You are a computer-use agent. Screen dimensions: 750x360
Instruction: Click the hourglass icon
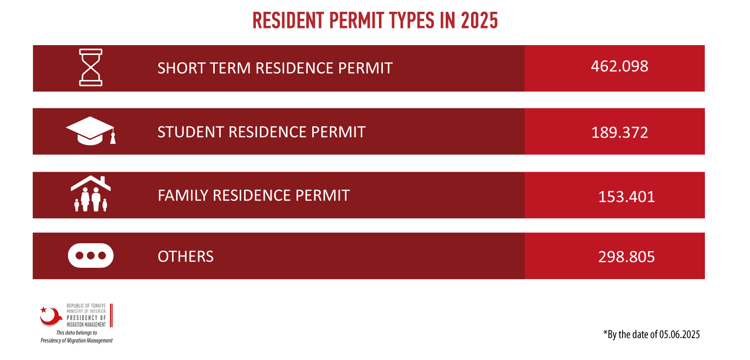91,67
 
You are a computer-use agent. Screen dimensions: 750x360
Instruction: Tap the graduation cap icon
91,131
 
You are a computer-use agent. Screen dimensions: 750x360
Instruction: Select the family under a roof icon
91,194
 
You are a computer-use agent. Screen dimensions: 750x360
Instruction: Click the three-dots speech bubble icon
91,256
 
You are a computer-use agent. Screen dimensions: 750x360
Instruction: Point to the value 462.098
620,66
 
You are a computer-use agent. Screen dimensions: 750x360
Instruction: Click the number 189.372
620,132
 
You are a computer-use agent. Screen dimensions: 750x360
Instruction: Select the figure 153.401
626,197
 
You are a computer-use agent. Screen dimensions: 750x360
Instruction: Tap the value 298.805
626,257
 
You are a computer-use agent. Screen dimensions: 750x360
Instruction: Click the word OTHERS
185,257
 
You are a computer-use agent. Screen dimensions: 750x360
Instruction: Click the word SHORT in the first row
181,68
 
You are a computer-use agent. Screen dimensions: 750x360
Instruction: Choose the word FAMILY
183,195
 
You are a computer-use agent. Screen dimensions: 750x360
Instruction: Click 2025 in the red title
479,21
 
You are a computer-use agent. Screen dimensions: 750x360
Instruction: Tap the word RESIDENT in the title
288,21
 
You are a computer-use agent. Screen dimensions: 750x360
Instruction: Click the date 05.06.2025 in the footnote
679,334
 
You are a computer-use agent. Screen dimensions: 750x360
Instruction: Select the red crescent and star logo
51,316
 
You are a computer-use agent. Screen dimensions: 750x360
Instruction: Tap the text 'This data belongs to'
76,333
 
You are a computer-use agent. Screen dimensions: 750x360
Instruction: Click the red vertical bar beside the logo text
111,315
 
